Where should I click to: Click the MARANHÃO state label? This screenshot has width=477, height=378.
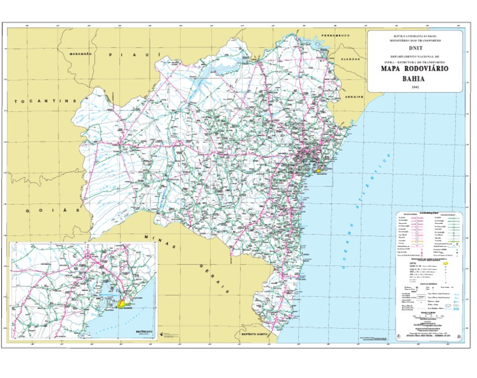[81, 53]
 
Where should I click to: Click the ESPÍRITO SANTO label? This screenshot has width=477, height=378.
[255, 334]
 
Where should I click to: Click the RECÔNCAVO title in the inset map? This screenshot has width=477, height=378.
[143, 332]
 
